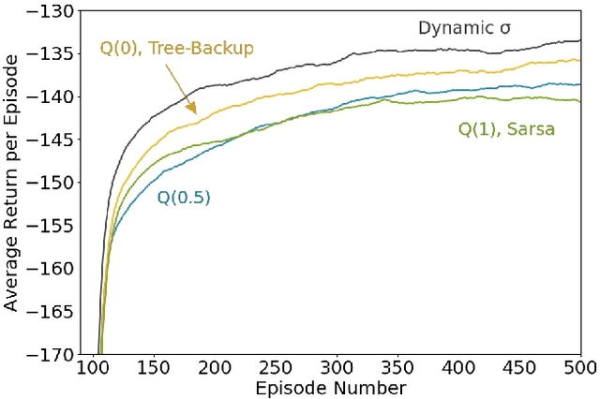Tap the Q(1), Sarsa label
tap(506, 129)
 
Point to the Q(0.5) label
tap(184, 197)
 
